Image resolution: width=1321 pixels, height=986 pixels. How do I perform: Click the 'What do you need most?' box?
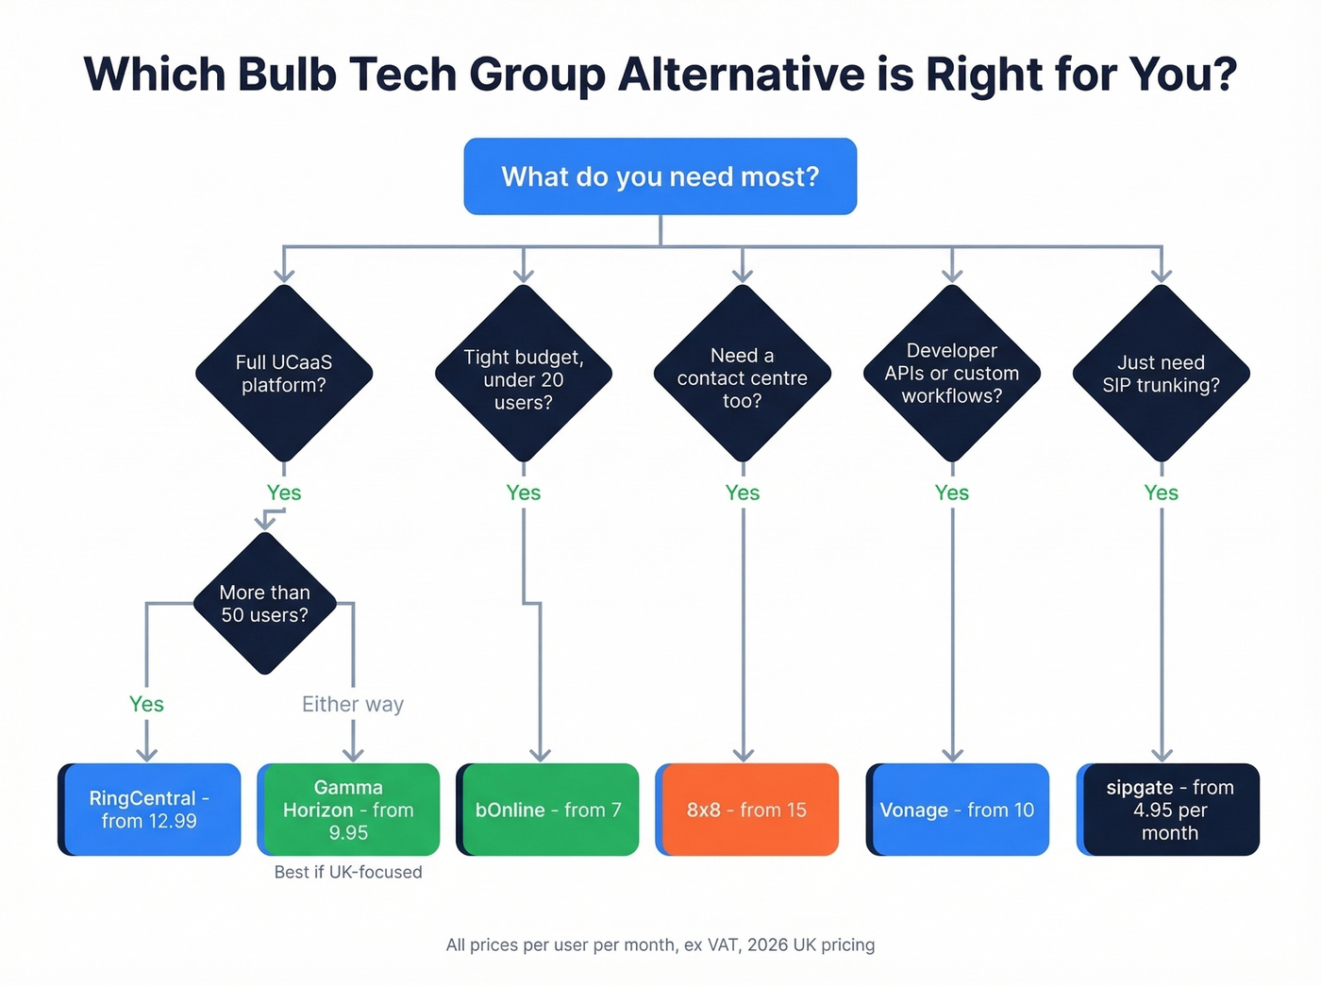point(660,176)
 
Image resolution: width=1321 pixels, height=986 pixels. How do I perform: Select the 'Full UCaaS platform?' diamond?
point(284,374)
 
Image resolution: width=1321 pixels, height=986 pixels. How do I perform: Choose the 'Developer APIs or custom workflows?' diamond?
point(952,374)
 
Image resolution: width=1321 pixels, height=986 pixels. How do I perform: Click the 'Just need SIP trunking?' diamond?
point(1162,374)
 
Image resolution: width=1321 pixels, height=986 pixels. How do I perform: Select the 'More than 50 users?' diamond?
point(265,604)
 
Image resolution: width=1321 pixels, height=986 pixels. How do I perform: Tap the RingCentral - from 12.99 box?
point(149,810)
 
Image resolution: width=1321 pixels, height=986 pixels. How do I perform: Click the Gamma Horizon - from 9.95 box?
point(348,810)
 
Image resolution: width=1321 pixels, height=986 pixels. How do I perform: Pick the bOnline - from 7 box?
point(547,810)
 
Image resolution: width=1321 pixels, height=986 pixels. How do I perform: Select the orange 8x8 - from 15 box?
point(746,810)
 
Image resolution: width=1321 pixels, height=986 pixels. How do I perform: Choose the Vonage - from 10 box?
point(957,810)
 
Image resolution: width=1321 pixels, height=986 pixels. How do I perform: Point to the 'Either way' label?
point(353,704)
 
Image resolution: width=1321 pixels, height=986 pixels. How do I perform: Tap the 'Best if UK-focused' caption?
point(348,872)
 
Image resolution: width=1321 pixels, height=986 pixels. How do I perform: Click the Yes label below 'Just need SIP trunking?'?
point(1162,493)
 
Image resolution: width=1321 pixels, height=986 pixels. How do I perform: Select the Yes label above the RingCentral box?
point(146,704)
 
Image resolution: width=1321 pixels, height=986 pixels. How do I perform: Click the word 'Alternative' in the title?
point(741,75)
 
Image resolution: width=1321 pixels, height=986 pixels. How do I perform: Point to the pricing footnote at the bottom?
point(660,944)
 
